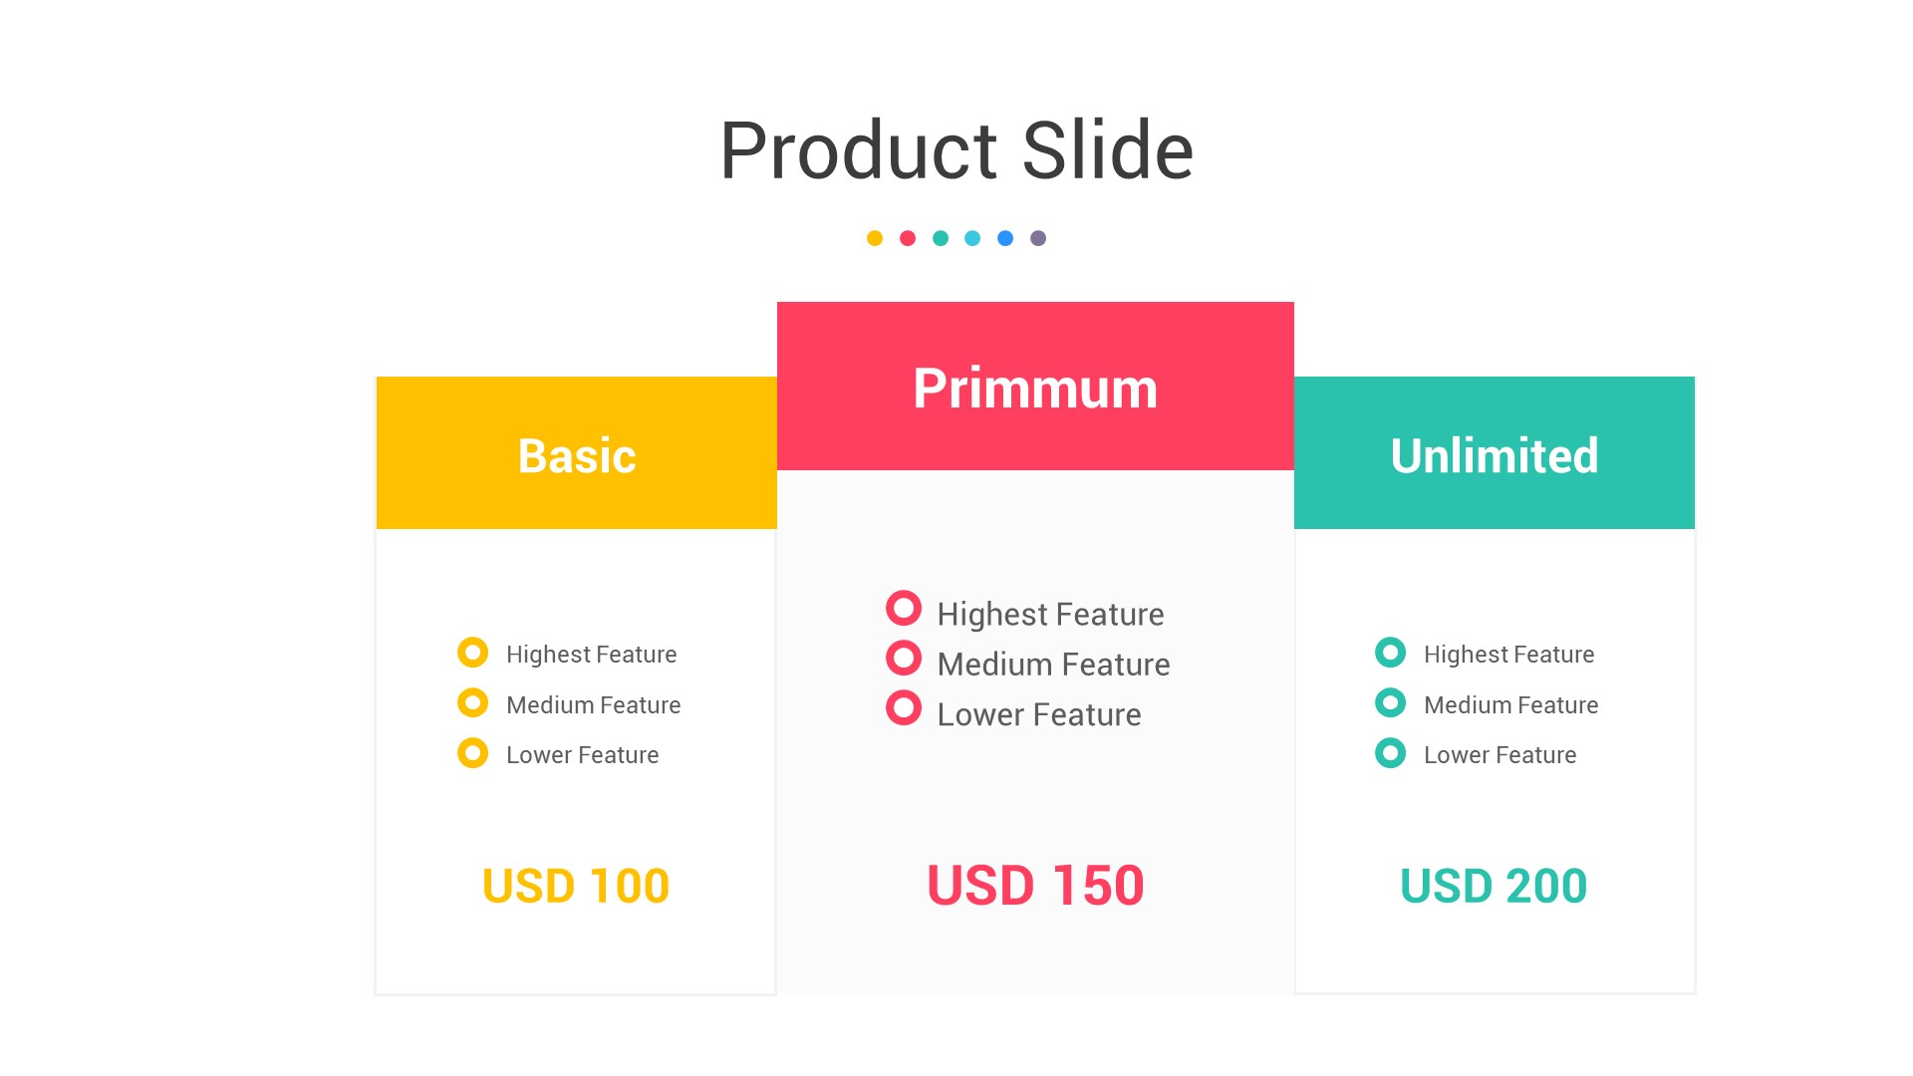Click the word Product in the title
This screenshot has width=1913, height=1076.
(x=858, y=151)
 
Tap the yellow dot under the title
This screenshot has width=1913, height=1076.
(x=875, y=238)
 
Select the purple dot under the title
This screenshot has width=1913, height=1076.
(x=1038, y=238)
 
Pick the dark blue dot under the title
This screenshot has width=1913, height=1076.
(x=1005, y=238)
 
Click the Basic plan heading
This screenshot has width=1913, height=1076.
(x=577, y=456)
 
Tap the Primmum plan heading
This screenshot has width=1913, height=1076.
(x=1035, y=389)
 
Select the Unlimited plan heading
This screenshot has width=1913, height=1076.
(x=1495, y=456)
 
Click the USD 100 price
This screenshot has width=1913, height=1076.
(x=576, y=886)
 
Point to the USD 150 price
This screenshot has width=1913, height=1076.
(x=1035, y=885)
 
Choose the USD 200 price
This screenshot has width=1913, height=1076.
(x=1494, y=886)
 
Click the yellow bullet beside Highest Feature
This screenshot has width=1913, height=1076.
(x=472, y=653)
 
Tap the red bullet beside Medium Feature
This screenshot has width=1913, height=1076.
(x=904, y=658)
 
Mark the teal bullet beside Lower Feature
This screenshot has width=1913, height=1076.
(x=1390, y=753)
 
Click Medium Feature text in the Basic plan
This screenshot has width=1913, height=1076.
(x=594, y=705)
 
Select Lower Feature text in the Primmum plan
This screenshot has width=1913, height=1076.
(x=1039, y=714)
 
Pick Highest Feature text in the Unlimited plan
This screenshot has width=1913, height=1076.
(x=1509, y=655)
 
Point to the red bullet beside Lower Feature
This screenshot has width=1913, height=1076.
(x=904, y=708)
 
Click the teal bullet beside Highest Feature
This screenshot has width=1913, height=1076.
(x=1390, y=653)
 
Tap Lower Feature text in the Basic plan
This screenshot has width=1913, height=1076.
(x=583, y=755)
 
